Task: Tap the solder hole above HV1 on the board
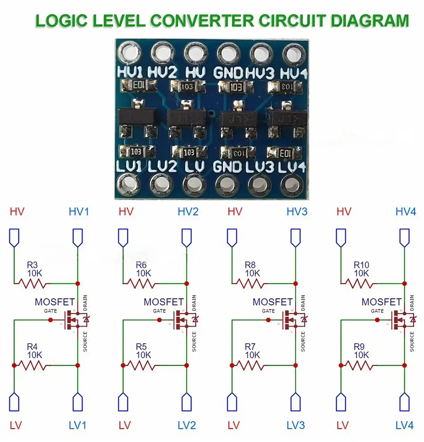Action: point(130,53)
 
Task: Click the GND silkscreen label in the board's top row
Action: point(228,73)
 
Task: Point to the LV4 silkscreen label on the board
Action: point(292,167)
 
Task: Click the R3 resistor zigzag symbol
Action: point(32,284)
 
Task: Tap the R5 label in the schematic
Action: point(141,347)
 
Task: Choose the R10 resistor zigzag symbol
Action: point(359,284)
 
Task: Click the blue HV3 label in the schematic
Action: point(297,212)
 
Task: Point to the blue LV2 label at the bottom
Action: point(187,425)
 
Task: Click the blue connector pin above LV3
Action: point(295,402)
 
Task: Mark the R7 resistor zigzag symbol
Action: point(250,365)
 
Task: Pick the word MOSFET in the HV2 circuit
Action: point(164,302)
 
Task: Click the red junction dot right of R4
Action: point(78,365)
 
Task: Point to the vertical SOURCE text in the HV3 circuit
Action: point(303,342)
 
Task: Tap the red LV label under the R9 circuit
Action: point(342,425)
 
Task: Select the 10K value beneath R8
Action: point(252,273)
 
